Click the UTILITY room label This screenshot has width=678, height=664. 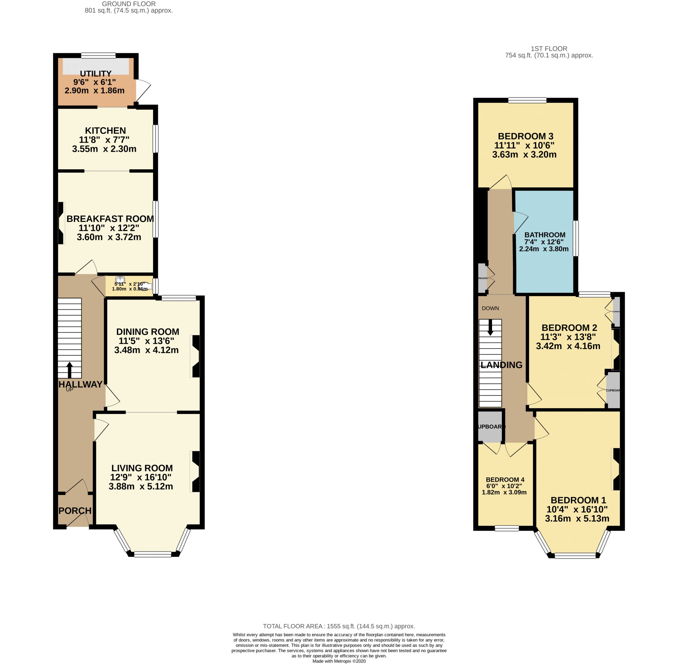[96, 74]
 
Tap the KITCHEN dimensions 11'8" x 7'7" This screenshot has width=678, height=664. [104, 140]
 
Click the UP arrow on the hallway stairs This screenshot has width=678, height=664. [69, 370]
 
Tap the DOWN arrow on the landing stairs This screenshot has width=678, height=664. [490, 327]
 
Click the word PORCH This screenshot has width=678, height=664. [75, 511]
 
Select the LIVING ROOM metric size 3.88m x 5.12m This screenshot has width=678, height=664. [141, 486]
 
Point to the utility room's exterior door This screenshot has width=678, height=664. [143, 90]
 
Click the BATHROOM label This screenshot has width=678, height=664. [545, 235]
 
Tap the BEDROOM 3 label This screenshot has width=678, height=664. [525, 136]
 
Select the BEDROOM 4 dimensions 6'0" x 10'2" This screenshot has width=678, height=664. [504, 486]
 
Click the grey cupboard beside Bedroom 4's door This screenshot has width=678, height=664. [490, 427]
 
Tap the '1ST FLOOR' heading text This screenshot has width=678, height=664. [549, 48]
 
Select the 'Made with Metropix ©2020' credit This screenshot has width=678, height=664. [339, 661]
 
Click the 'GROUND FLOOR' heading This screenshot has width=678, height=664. [129, 4]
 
